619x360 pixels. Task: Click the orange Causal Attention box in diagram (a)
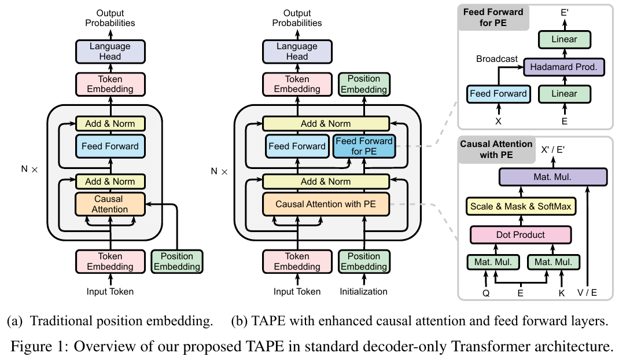(x=109, y=204)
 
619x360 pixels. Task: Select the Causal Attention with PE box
(x=325, y=204)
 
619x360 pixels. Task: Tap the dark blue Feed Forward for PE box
(x=364, y=146)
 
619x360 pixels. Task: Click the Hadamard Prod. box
(x=563, y=67)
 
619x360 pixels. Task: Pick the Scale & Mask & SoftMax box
(x=520, y=207)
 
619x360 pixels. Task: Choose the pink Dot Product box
(x=520, y=235)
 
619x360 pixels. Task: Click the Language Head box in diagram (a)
(x=109, y=51)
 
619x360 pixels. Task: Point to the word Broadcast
(x=497, y=59)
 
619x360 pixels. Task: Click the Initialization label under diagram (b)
(x=364, y=292)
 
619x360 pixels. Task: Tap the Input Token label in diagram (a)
(x=110, y=292)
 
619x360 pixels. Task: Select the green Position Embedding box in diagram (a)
(x=176, y=262)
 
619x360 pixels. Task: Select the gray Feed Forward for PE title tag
(x=492, y=17)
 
